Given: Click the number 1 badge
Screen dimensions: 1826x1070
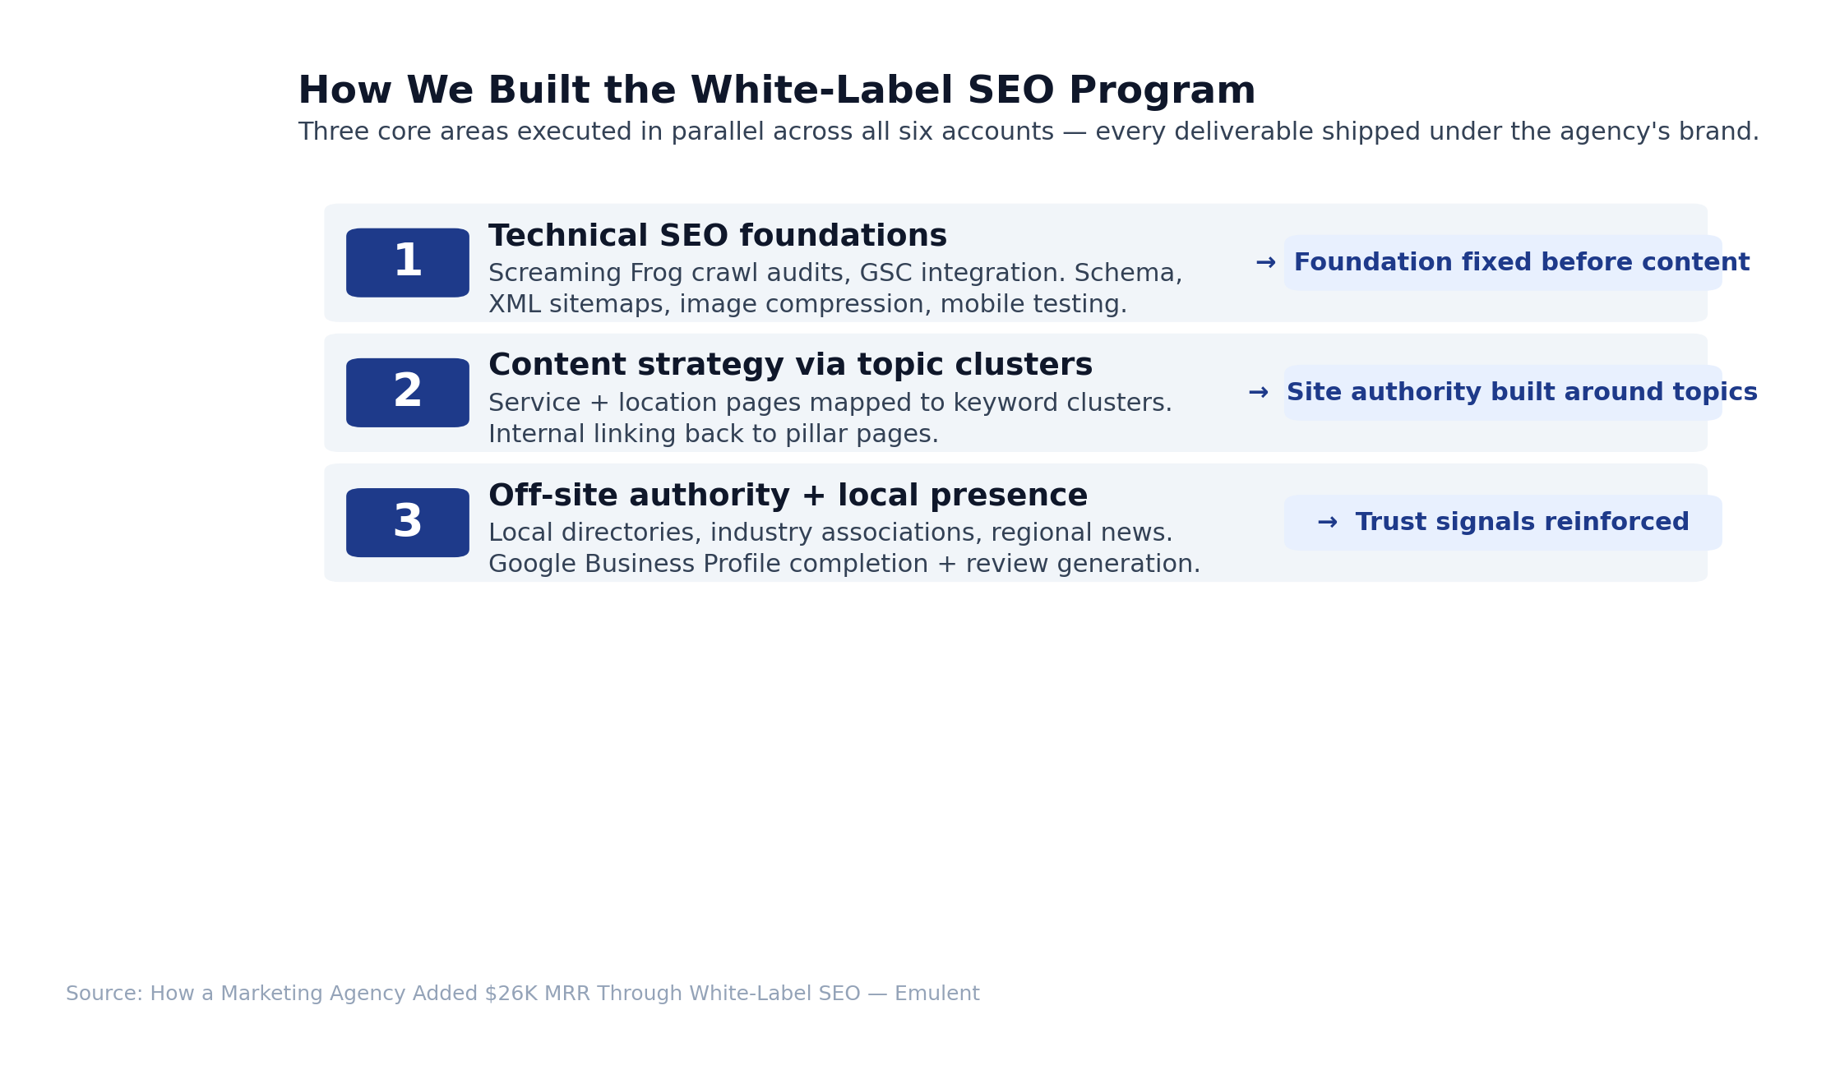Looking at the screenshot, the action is coord(408,263).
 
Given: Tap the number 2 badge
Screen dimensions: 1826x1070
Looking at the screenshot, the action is coord(408,393).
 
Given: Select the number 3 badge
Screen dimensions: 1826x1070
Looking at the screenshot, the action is coord(408,523).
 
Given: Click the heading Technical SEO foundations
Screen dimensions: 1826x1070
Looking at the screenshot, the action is coord(718,237).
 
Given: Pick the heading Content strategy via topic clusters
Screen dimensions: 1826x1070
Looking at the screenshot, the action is coord(790,366).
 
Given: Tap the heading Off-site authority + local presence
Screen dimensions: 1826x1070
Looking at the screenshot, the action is coord(788,496).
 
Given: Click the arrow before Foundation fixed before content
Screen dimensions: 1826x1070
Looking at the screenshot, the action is coord(1265,263).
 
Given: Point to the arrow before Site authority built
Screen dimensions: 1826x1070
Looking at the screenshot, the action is coord(1258,393).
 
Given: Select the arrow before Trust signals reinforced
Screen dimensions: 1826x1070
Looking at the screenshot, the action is coord(1327,523).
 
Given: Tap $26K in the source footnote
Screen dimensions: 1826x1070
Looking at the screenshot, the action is coord(515,994).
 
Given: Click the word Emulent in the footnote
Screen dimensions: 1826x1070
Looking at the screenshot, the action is coord(937,994).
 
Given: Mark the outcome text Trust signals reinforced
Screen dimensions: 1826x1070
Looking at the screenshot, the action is coord(1523,523).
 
